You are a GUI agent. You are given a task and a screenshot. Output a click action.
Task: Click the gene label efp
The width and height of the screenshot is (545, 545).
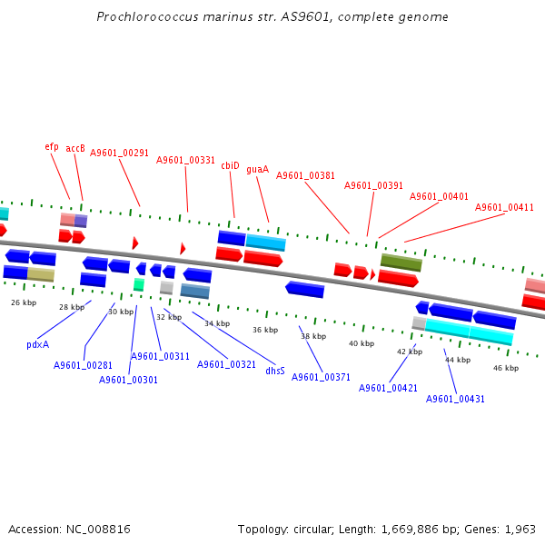(52, 146)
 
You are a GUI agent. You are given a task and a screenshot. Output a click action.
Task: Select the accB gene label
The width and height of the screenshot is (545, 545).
(75, 148)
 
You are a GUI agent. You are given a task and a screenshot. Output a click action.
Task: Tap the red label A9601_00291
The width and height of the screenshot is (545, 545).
(119, 153)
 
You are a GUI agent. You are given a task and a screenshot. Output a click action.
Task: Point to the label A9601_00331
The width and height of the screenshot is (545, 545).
(185, 160)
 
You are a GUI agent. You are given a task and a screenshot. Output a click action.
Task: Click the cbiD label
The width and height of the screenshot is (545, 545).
(230, 165)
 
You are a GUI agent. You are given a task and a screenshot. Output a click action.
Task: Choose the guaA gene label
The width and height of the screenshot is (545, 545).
(257, 169)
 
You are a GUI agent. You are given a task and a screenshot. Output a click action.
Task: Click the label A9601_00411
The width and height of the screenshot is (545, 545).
(504, 207)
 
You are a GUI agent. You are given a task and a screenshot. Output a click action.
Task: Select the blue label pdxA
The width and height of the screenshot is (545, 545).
(38, 344)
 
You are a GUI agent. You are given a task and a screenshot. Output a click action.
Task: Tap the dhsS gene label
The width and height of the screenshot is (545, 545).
(275, 371)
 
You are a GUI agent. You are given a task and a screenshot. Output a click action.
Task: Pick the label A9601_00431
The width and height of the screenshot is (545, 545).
(455, 399)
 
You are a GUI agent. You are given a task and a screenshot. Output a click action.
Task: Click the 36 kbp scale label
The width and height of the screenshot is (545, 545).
(264, 330)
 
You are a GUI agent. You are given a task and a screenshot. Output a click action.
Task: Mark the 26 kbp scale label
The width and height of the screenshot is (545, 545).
(24, 302)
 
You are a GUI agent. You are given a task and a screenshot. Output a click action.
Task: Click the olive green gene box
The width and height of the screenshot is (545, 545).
(401, 263)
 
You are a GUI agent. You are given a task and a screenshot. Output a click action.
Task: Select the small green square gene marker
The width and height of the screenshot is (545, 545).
(139, 284)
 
